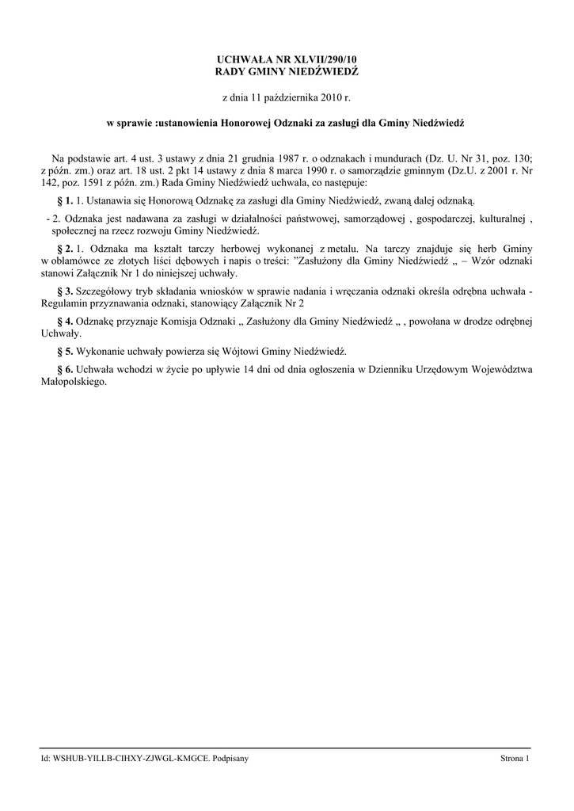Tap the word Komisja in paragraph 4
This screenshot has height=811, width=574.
(188, 322)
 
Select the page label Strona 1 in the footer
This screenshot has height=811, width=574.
(514, 759)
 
